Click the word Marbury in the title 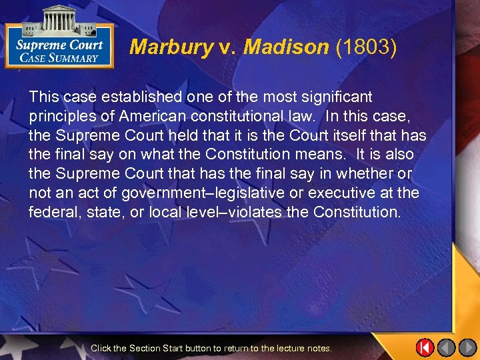tap(171, 47)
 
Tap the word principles tap(62, 117)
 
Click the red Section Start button tap(425, 347)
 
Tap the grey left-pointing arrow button tap(446, 347)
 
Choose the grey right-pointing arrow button tap(467, 347)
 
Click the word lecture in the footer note tap(287, 348)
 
